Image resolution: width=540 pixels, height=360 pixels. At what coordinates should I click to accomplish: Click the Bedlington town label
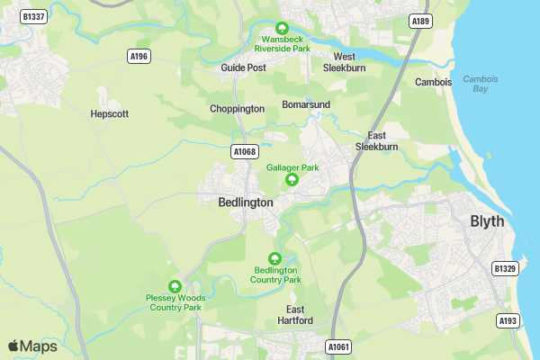click(246, 202)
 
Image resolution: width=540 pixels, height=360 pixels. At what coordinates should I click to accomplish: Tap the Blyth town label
click(487, 221)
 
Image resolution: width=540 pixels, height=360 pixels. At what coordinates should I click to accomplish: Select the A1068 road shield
click(244, 151)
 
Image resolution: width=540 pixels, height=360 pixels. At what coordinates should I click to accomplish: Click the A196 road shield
click(139, 56)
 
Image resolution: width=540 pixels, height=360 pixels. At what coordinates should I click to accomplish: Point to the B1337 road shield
click(34, 16)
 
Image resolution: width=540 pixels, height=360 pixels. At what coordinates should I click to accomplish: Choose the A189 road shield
click(419, 21)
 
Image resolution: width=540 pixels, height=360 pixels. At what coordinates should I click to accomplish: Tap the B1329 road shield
click(506, 268)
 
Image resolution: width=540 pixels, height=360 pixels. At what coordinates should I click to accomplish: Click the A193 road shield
click(508, 320)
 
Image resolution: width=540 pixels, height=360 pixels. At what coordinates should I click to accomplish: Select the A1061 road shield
click(338, 346)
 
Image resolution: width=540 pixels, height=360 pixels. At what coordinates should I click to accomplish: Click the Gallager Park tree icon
click(292, 181)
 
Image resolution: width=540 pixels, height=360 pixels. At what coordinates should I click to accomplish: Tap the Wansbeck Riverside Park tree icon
click(282, 28)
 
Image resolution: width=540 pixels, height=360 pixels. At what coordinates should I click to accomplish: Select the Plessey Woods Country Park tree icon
click(175, 285)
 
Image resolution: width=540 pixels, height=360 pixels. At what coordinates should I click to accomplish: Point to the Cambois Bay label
click(480, 84)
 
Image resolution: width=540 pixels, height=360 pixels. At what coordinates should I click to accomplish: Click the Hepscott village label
click(110, 114)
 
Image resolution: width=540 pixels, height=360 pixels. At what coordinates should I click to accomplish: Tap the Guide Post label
click(243, 67)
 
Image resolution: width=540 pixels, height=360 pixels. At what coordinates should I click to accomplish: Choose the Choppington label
click(237, 109)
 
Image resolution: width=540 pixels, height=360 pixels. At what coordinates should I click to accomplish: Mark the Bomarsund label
click(306, 104)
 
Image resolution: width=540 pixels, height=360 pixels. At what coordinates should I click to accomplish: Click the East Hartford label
click(293, 314)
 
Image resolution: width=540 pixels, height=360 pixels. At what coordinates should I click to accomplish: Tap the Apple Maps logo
click(32, 346)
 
